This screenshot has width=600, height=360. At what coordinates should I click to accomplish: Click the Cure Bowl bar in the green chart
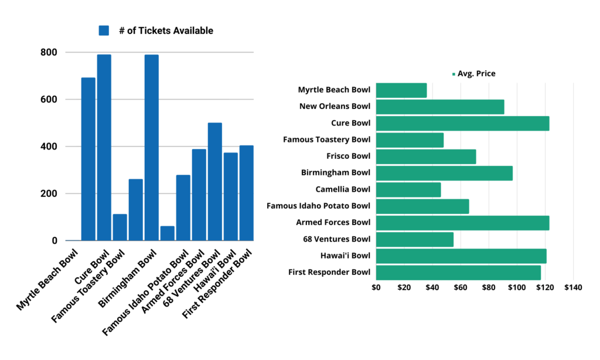pos(462,123)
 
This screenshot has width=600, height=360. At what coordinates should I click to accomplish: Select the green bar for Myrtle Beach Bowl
pos(401,90)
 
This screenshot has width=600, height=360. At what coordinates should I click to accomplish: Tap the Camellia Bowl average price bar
pos(408,189)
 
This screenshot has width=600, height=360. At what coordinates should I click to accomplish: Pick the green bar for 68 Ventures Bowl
pos(415,239)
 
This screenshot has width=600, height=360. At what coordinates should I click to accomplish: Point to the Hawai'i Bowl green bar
pos(461,256)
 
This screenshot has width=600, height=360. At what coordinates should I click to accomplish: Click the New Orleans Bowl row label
pos(335,107)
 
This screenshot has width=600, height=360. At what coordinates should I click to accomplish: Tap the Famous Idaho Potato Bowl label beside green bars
pos(318,206)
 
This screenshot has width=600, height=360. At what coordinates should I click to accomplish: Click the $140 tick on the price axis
pos(572,288)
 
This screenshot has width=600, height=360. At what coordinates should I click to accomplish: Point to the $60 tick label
pos(460,288)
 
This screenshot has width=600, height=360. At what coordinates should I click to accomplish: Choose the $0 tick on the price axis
pos(376,288)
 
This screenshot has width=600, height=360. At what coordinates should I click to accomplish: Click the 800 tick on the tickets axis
pos(49,52)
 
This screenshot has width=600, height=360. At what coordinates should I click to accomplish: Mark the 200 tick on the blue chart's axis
pos(49,193)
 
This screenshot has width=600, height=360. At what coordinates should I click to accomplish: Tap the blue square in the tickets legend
pos(104,30)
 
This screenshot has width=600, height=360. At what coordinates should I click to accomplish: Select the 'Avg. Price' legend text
pos(476,74)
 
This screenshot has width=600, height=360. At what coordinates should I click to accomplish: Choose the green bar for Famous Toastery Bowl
pos(410,140)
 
